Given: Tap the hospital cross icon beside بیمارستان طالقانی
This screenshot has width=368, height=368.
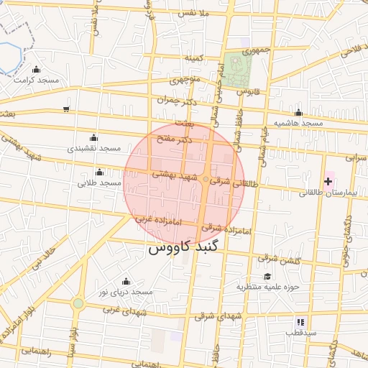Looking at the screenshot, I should [x=329, y=180].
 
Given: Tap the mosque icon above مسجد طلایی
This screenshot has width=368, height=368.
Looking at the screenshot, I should [x=99, y=172].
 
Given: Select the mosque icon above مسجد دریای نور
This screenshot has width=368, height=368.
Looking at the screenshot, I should [x=126, y=281].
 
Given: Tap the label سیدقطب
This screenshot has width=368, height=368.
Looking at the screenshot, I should [x=299, y=333].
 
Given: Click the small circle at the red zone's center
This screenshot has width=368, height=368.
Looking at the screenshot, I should [x=206, y=179].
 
